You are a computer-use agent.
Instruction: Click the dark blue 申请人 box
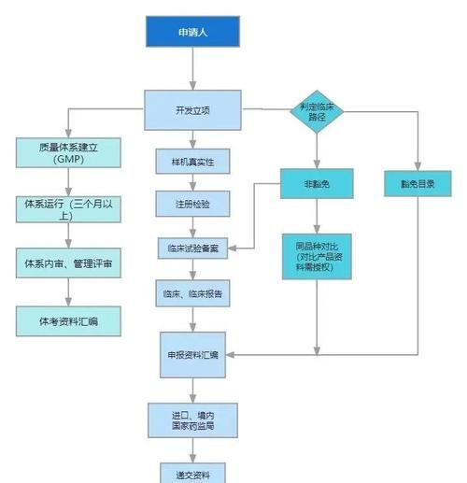point(192,33)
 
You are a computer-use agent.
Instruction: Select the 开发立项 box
point(192,110)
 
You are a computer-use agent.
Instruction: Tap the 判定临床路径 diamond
point(316,111)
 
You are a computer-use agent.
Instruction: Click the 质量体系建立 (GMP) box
point(68,153)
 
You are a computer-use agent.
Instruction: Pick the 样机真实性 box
point(192,162)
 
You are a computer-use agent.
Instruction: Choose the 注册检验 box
point(192,205)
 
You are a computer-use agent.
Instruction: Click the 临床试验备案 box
point(192,249)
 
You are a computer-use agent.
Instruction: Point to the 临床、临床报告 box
point(192,292)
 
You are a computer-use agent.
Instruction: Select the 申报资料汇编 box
point(192,357)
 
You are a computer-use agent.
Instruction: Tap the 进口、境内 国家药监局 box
point(192,420)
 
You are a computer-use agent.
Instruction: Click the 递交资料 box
point(192,471)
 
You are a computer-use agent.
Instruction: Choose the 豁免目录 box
point(417,184)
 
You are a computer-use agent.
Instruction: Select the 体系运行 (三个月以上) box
point(68,208)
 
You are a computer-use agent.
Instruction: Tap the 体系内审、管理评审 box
point(68,264)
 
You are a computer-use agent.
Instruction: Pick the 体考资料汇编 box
point(68,321)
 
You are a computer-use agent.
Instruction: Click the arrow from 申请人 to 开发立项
point(192,69)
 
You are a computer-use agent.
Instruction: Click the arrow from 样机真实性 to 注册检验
point(192,183)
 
